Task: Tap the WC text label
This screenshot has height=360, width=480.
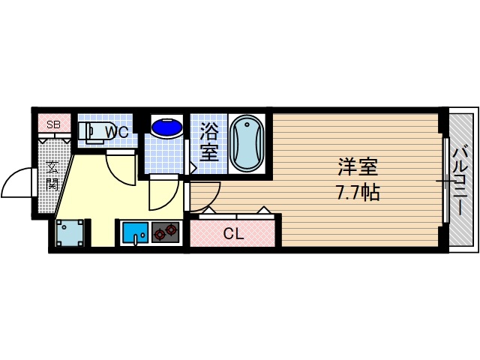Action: [x=116, y=132]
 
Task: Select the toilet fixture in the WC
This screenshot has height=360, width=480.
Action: [x=94, y=132]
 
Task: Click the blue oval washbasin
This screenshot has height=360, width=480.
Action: [x=166, y=127]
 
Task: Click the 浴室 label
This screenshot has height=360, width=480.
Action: [x=208, y=142]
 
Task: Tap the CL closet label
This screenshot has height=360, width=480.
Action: [x=234, y=233]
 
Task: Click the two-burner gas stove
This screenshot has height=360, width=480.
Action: [x=166, y=232]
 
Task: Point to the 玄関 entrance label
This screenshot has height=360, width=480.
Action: [x=52, y=175]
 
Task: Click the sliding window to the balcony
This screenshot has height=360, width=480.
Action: [x=445, y=180]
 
